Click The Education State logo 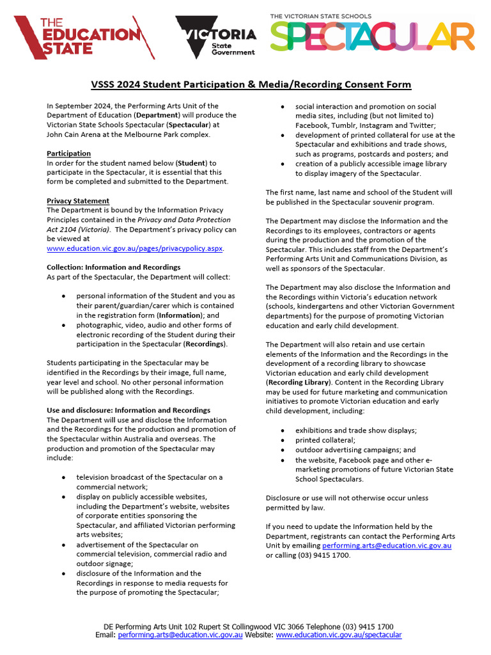click(83, 37)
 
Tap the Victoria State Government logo click(215, 37)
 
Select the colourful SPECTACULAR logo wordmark click(372, 36)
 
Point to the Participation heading click(68, 154)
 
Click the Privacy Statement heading click(78, 201)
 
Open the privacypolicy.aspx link click(135, 248)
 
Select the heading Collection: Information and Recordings click(113, 267)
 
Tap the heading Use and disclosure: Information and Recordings click(129, 410)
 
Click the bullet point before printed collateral click(282, 440)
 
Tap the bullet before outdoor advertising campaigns click(282, 450)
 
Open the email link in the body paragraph click(387, 546)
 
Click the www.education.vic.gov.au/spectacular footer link click(339, 635)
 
